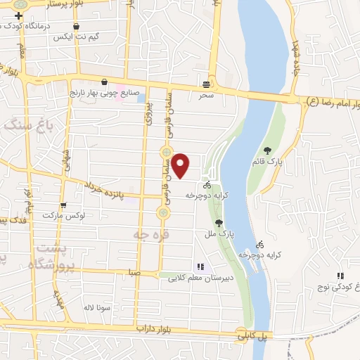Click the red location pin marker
coord(181,166)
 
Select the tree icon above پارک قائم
coord(268,150)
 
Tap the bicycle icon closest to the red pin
coord(206,185)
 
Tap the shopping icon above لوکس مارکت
coord(64,206)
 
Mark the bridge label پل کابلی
coord(252,336)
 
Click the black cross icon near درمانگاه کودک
coord(18,15)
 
